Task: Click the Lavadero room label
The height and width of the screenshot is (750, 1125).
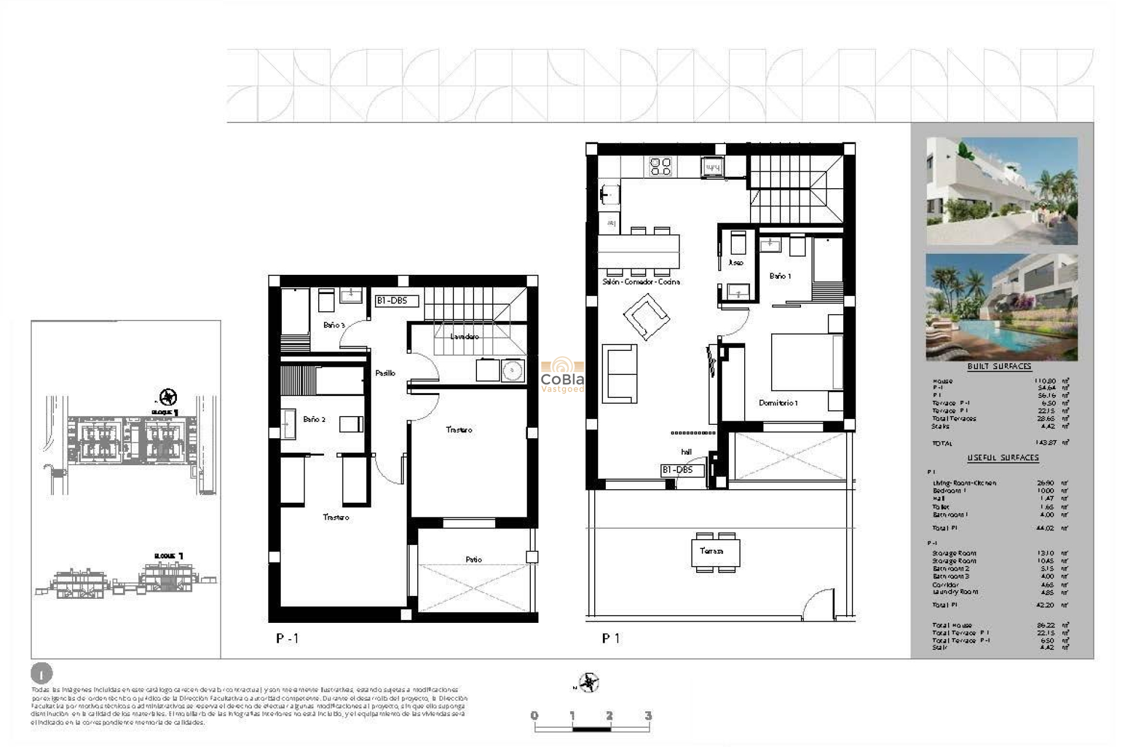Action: click(x=464, y=336)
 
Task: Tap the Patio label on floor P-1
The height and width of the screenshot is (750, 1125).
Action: click(x=473, y=560)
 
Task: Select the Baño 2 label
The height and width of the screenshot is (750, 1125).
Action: click(x=314, y=420)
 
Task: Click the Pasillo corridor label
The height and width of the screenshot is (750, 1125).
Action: click(x=385, y=373)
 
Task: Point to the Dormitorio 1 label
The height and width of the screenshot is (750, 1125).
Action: click(x=778, y=403)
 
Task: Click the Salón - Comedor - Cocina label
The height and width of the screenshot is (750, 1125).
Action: click(x=641, y=282)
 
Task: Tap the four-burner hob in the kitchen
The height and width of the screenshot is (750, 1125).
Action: click(x=660, y=166)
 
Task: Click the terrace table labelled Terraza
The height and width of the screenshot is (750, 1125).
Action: click(x=715, y=552)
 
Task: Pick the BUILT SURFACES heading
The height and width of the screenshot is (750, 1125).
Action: click(x=999, y=366)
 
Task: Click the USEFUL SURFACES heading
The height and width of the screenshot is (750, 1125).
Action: click(x=1003, y=458)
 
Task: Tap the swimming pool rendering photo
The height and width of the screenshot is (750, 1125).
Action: click(x=1001, y=307)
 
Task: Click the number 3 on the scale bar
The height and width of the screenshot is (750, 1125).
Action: click(x=647, y=715)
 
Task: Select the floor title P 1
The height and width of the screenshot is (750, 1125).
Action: click(x=610, y=639)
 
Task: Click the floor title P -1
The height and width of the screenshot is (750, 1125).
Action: click(x=287, y=639)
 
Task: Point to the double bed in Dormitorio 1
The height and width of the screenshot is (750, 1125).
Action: click(x=806, y=362)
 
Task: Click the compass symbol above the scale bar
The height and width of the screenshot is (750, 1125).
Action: click(x=588, y=683)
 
